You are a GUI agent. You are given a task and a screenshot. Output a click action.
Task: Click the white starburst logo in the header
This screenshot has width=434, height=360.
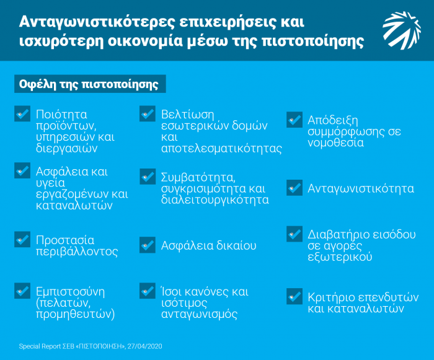point(402,30)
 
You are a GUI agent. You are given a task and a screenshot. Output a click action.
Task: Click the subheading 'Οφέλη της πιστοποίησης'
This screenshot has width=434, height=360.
point(89,84)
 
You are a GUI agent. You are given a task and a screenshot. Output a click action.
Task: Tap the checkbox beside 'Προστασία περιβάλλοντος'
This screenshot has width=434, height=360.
point(22,239)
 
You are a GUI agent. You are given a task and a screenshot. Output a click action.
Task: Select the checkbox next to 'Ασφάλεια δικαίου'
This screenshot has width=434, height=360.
point(148,245)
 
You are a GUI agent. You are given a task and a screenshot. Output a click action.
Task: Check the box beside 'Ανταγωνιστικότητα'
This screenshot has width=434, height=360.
point(294,188)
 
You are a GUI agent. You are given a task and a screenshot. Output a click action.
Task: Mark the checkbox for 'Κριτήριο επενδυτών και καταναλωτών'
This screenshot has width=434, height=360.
point(294,296)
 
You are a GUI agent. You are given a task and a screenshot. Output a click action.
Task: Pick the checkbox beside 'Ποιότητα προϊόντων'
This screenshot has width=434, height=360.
point(22,113)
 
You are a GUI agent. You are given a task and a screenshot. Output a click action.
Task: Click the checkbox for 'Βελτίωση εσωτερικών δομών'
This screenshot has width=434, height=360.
point(148,113)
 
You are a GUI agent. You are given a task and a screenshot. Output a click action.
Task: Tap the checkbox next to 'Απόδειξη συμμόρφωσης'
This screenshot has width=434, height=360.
point(294,120)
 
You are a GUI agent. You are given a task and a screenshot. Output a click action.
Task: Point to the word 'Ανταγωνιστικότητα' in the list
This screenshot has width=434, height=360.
point(361,188)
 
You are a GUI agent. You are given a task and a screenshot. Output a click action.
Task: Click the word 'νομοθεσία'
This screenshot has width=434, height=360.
point(335,143)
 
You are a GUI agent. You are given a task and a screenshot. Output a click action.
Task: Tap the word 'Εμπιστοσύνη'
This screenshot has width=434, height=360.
point(70,292)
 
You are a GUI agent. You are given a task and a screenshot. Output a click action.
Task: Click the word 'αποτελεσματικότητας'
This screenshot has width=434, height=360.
point(221,149)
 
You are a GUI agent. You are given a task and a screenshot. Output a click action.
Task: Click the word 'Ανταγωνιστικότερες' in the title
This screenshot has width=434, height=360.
point(97,22)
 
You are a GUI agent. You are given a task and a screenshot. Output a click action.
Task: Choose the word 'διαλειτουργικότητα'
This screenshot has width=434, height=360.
point(215,200)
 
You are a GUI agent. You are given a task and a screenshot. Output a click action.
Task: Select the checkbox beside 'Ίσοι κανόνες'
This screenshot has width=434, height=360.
point(148,291)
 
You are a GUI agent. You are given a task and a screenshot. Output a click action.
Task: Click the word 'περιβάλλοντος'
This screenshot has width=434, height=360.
point(77,252)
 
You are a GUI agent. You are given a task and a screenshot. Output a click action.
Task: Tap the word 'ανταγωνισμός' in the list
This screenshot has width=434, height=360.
point(199,315)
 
